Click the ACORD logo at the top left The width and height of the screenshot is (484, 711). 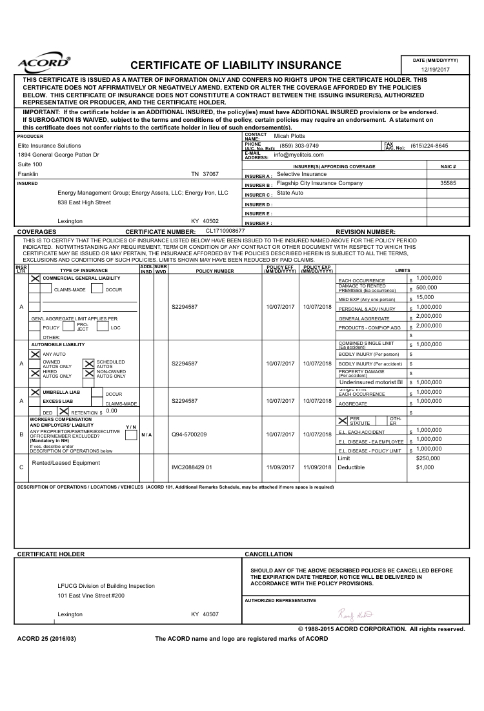(x=44, y=63)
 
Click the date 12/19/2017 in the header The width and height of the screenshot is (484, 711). (x=435, y=69)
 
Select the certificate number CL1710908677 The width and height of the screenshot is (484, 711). (x=225, y=230)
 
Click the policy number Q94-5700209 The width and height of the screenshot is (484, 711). (x=189, y=434)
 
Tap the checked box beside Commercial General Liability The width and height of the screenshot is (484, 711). (x=35, y=278)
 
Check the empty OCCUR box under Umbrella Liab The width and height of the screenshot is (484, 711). (x=96, y=393)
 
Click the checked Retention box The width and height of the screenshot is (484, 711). (x=64, y=411)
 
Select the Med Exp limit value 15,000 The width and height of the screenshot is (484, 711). (x=425, y=297)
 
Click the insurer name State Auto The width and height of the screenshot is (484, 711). (x=290, y=193)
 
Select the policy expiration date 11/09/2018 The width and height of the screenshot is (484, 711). (x=317, y=467)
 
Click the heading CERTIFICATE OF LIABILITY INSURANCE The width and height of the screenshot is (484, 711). (x=236, y=65)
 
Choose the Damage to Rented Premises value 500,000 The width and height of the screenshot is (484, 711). (x=427, y=287)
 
